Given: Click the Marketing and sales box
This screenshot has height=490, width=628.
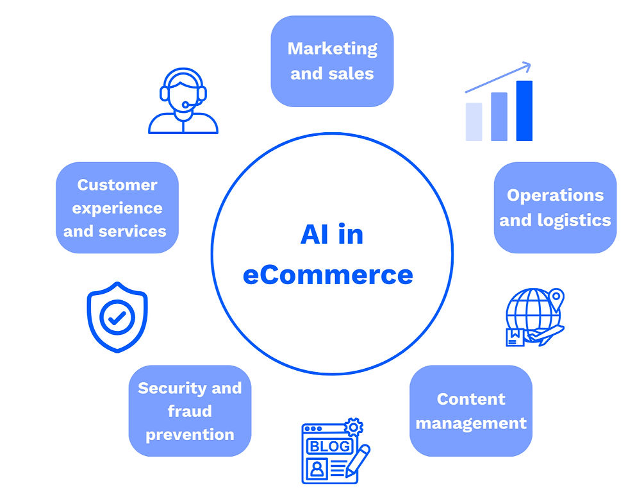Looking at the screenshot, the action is tap(331, 61).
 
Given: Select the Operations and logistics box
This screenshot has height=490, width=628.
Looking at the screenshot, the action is tap(555, 207).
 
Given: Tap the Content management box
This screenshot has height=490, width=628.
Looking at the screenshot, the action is tap(470, 410).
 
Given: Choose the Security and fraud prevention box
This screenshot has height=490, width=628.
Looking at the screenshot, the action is tap(190, 410).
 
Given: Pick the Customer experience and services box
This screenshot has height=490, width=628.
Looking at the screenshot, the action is tap(117, 207).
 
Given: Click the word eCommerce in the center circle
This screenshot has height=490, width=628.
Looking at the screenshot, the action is tap(327, 275).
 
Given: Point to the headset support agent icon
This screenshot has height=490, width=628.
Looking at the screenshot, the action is tap(183, 101).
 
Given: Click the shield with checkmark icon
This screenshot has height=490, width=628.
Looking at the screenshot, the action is tap(117, 317).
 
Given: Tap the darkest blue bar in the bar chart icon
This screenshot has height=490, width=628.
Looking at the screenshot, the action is tap(524, 110).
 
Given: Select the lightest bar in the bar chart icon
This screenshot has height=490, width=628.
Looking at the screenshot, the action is tap(474, 121).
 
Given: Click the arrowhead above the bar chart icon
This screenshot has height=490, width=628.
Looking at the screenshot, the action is tap(525, 65).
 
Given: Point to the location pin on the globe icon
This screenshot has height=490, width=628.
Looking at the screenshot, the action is tap(556, 297).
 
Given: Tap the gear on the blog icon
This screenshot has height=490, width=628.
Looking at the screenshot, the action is tap(353, 427).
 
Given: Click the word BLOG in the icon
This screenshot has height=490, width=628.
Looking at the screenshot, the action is tap(329, 446).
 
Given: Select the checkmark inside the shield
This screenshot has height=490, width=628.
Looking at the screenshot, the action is tap(117, 317).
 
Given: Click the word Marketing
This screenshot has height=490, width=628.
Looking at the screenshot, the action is tap(332, 48).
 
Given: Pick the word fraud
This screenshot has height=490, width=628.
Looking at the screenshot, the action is tap(190, 410).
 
